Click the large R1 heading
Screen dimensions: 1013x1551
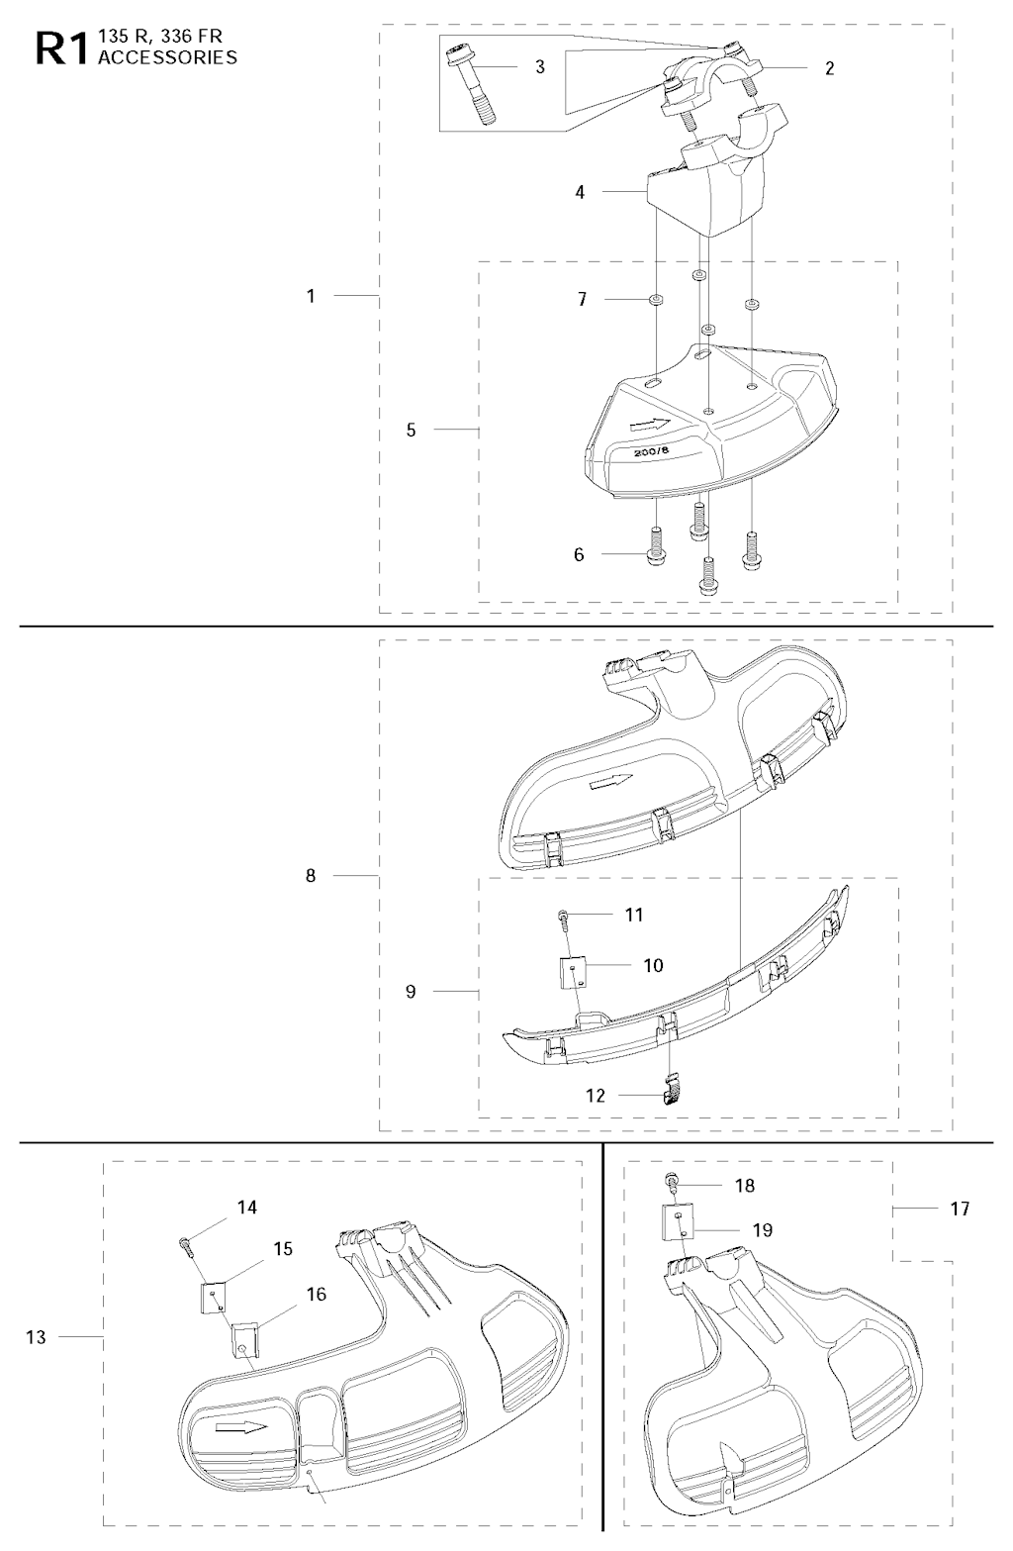[x=61, y=49]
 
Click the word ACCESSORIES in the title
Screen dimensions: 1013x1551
[x=167, y=57]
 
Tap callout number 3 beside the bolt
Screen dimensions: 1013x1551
[x=540, y=67]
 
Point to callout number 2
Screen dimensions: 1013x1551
[x=829, y=68]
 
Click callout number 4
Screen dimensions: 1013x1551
[x=580, y=192]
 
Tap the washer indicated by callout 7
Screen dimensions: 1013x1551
[x=654, y=300]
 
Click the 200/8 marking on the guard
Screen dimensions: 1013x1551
[x=651, y=450]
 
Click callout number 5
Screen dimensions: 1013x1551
[x=411, y=430]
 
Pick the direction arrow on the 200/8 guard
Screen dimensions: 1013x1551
[x=650, y=424]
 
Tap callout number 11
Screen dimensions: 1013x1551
[x=634, y=915]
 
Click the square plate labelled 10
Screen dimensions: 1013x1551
[x=573, y=972]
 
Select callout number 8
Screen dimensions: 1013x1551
[x=311, y=876]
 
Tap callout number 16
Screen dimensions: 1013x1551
[x=317, y=1294]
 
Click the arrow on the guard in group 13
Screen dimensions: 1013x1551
[x=241, y=1427]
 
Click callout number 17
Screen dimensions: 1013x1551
[x=959, y=1209]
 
